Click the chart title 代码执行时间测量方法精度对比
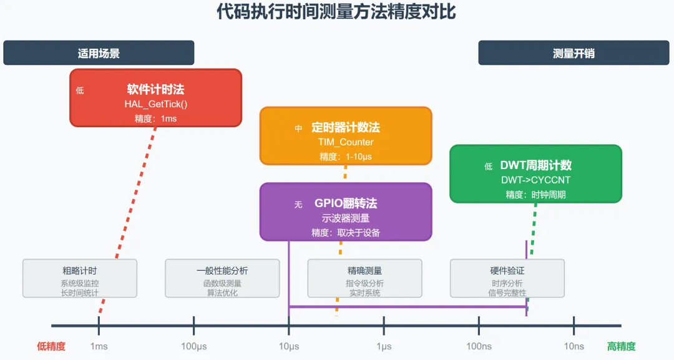pyautogui.click(x=336, y=12)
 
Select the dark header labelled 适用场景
pyautogui.click(x=99, y=53)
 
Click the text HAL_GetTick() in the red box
pyautogui.click(x=155, y=104)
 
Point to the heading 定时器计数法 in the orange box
pyautogui.click(x=346, y=127)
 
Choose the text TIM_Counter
pyautogui.click(x=346, y=142)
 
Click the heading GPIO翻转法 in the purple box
pyautogui.click(x=346, y=203)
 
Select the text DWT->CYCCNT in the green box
pyautogui.click(x=536, y=180)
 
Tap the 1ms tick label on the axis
pyautogui.click(x=99, y=346)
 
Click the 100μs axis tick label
pyautogui.click(x=194, y=346)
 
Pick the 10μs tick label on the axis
pyautogui.click(x=289, y=346)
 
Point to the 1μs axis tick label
pyautogui.click(x=384, y=346)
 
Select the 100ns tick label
pyautogui.click(x=479, y=346)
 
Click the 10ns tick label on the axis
pyautogui.click(x=574, y=346)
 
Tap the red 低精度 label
pyautogui.click(x=51, y=346)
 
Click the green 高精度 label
pyautogui.click(x=621, y=346)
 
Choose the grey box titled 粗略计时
pyautogui.click(x=80, y=278)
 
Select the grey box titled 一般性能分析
pyautogui.click(x=222, y=278)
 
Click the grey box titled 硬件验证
pyautogui.click(x=507, y=278)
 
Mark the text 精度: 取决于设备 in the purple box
pyautogui.click(x=346, y=233)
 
